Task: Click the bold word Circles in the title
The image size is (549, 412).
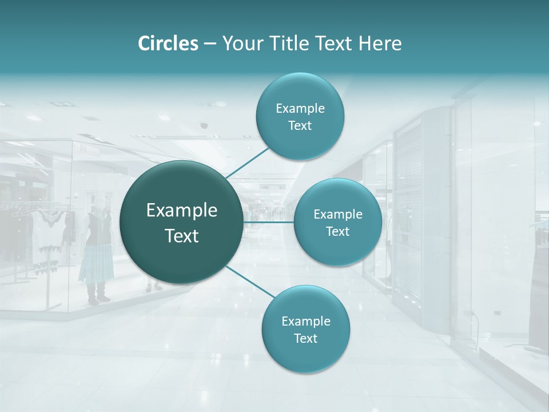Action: (x=168, y=43)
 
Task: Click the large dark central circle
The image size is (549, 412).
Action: (x=181, y=222)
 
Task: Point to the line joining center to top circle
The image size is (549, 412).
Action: (x=248, y=162)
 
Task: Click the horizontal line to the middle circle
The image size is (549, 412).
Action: (x=269, y=222)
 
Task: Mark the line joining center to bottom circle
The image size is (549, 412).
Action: (x=250, y=282)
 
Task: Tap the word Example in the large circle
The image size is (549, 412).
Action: (x=181, y=211)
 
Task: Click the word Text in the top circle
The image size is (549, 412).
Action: (x=300, y=126)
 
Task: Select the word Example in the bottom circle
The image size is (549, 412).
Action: (x=305, y=321)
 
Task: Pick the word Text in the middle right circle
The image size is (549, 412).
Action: (x=337, y=232)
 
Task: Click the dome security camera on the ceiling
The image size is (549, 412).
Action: (x=204, y=125)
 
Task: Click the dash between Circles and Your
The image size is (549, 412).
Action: (x=210, y=43)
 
